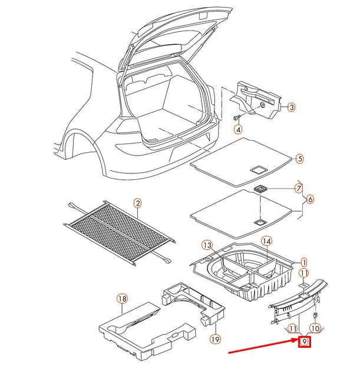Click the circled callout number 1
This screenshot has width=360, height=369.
[x=304, y=262]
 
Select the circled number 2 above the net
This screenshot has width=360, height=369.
[x=137, y=204]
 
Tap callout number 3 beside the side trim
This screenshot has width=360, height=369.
[x=291, y=107]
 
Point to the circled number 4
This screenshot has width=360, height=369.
[x=238, y=129]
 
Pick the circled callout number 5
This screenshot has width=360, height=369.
[x=299, y=159]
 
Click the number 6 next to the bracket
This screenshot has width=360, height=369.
[x=310, y=199]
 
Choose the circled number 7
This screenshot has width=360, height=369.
[x=299, y=189]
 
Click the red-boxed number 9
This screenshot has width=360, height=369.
[x=304, y=341]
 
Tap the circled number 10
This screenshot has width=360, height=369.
[x=315, y=328]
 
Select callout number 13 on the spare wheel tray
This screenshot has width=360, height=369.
[x=207, y=245]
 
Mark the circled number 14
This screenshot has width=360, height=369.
[x=266, y=241]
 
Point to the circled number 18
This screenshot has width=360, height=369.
[x=122, y=299]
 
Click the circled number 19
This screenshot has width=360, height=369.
[x=215, y=339]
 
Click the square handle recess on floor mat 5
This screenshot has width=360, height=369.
[x=257, y=169]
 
